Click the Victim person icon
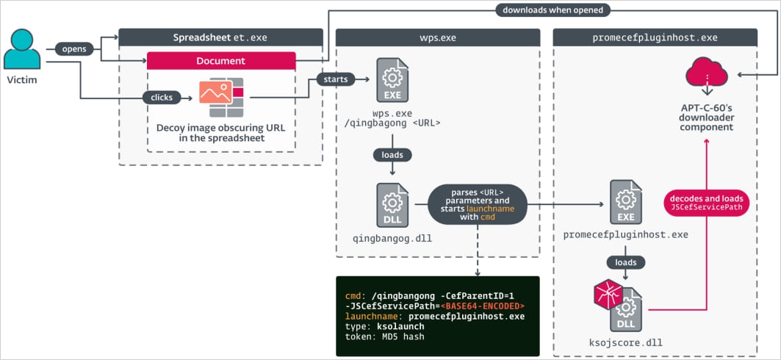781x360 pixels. pos(22,50)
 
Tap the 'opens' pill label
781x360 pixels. pos(73,49)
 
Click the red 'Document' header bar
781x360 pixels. pos(221,61)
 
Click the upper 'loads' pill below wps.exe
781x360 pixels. pos(392,155)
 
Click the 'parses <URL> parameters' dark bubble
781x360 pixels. pos(478,204)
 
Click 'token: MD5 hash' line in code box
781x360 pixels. pos(384,336)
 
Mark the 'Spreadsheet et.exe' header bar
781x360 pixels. pos(220,37)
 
